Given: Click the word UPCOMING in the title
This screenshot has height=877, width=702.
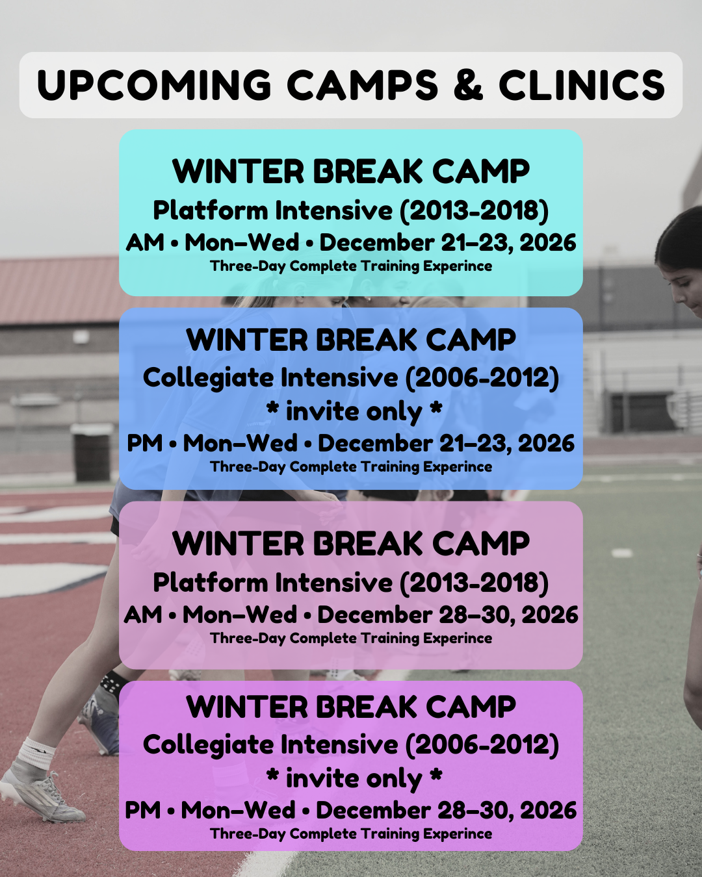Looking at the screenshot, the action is [154, 84].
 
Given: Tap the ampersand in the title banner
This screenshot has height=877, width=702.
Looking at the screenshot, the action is [468, 84].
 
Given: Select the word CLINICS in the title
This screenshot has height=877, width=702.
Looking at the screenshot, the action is [582, 84].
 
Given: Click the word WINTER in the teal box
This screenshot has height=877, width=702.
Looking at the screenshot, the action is [238, 172].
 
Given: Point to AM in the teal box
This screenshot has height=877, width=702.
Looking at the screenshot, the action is [145, 243].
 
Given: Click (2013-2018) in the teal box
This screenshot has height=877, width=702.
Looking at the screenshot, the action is [474, 211].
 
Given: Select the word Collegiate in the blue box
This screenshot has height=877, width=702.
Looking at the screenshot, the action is [208, 379].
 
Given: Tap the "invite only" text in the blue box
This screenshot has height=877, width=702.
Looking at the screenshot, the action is [354, 413].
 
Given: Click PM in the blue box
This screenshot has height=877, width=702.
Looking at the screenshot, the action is [145, 444].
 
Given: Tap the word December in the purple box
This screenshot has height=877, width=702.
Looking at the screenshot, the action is [373, 811].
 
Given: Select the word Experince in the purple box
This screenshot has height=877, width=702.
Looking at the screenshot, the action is [457, 834].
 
